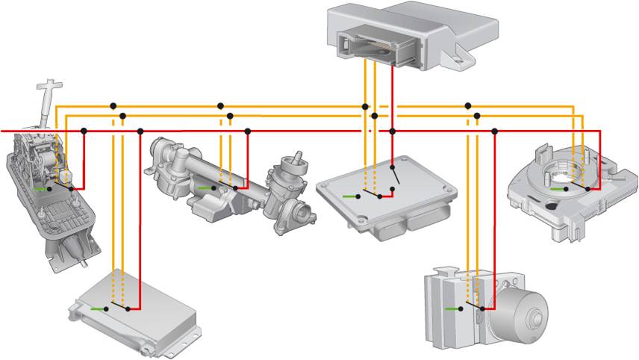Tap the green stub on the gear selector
[40, 189]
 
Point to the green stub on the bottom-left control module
[98, 308]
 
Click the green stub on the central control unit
[349, 196]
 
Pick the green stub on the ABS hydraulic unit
[453, 308]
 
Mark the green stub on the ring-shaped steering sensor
[555, 190]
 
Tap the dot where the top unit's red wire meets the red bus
[392, 131]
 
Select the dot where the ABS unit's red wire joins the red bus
[494, 131]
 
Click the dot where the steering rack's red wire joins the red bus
[247, 131]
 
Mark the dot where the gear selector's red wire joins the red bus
[84, 131]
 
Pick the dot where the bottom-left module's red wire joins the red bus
[140, 131]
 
